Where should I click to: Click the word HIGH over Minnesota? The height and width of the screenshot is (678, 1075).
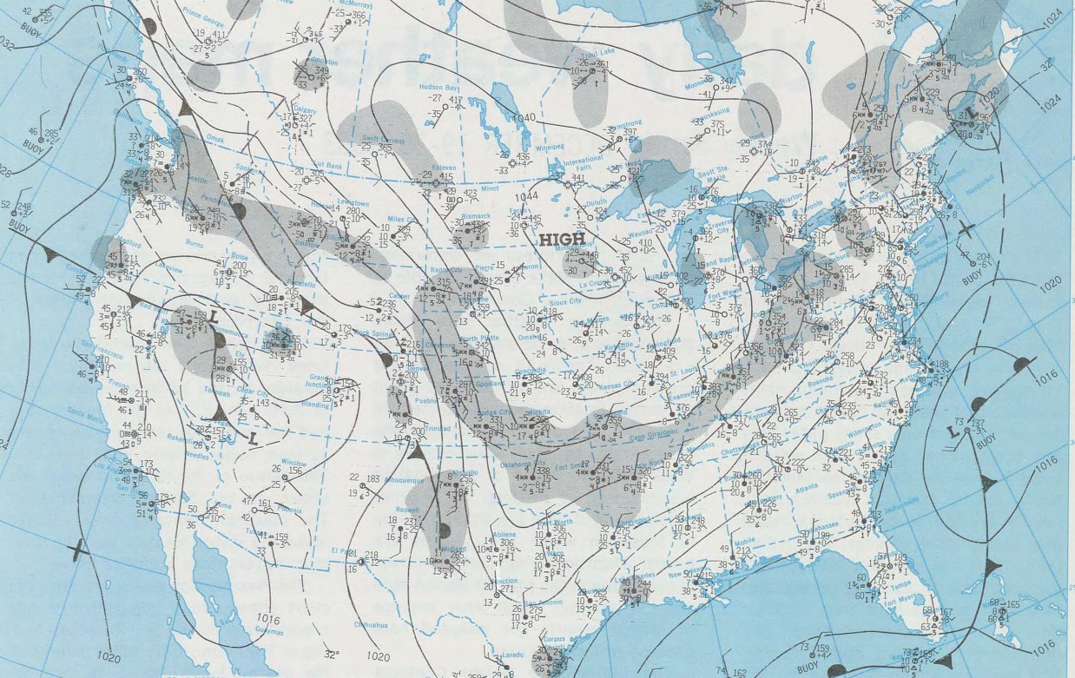click(x=562, y=239)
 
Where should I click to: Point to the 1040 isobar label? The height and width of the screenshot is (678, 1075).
click(x=524, y=117)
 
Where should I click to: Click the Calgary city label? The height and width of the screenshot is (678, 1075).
click(x=305, y=110)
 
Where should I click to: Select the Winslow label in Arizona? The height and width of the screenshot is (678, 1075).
click(x=294, y=464)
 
